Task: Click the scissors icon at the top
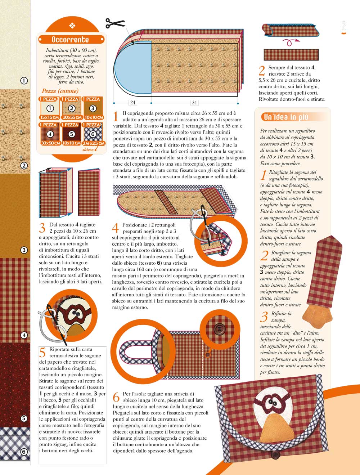115,23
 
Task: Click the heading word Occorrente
70,40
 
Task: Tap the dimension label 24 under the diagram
133,103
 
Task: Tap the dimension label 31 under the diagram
194,103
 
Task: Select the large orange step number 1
116,116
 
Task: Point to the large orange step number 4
115,228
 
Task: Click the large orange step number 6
116,397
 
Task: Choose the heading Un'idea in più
286,117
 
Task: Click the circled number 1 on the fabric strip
24,81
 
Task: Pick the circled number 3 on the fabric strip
24,250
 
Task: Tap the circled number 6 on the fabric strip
24,452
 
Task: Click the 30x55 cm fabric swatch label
72,117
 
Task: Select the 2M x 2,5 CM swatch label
93,143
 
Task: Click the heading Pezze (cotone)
60,91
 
